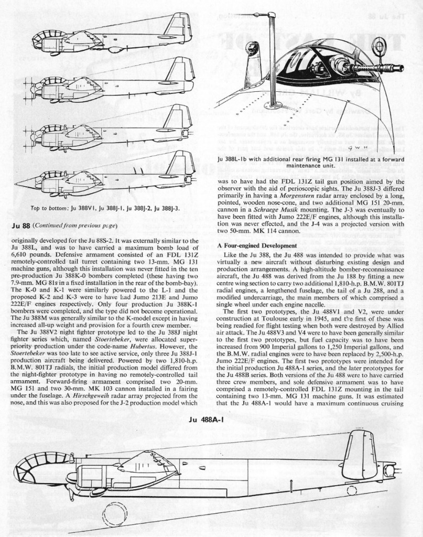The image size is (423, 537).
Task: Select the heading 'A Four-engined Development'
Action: [257, 245]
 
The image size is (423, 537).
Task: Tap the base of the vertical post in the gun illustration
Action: [273, 101]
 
